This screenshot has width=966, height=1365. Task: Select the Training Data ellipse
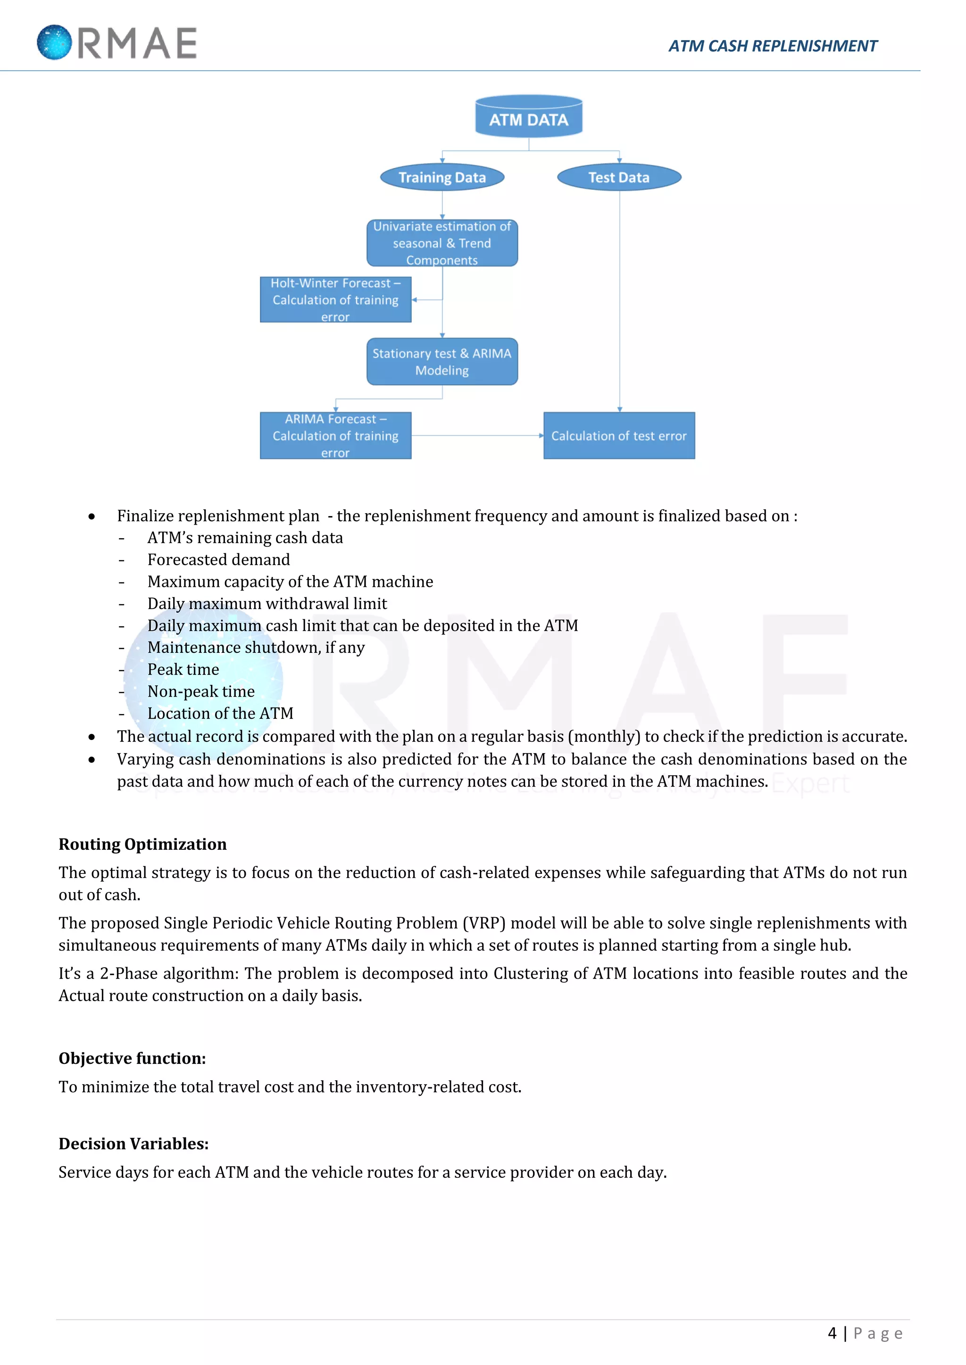442,177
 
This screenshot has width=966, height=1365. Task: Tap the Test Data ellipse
619,177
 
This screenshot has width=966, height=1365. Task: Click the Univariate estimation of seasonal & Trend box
442,243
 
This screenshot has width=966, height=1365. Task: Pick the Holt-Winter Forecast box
335,300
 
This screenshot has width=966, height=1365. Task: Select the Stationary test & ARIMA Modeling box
442,362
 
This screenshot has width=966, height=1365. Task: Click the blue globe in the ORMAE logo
54,42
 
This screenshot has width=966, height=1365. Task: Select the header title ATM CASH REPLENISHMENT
772,46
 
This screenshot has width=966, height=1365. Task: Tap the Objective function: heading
132,1058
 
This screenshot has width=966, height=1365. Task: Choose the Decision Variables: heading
133,1144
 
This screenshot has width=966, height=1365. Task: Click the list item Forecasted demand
218,559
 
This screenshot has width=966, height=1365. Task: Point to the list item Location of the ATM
220,714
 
